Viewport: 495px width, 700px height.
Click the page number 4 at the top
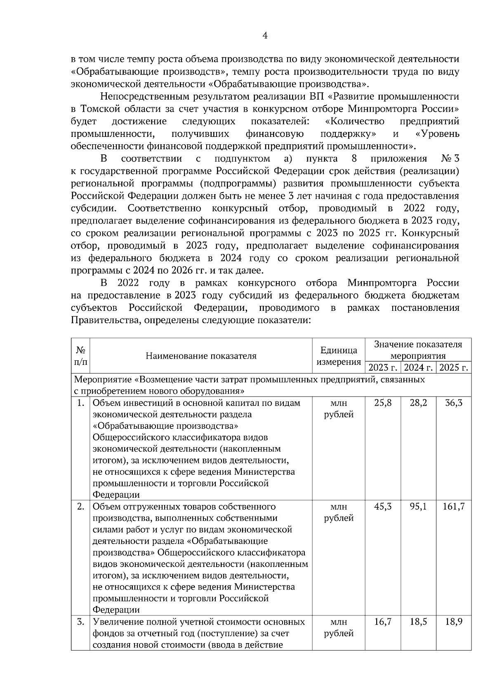(x=265, y=36)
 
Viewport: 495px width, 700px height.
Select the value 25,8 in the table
(x=382, y=403)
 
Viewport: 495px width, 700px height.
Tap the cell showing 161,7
(x=453, y=507)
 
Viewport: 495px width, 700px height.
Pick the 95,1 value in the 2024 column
(x=418, y=507)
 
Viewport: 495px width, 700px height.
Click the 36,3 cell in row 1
(x=453, y=403)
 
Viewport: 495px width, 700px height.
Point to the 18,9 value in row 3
(x=453, y=622)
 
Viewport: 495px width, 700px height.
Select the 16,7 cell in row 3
(x=382, y=622)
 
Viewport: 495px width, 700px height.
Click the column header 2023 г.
(x=383, y=367)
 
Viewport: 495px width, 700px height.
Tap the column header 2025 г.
(x=454, y=367)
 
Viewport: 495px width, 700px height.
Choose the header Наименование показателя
(x=201, y=356)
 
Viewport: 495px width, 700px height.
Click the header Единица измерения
(x=339, y=356)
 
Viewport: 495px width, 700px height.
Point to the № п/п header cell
(x=80, y=356)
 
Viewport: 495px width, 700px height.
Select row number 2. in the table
(x=81, y=507)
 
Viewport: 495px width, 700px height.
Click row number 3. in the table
(x=81, y=622)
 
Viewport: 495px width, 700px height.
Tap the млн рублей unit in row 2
(x=339, y=512)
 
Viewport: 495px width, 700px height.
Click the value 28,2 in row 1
(x=418, y=403)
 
